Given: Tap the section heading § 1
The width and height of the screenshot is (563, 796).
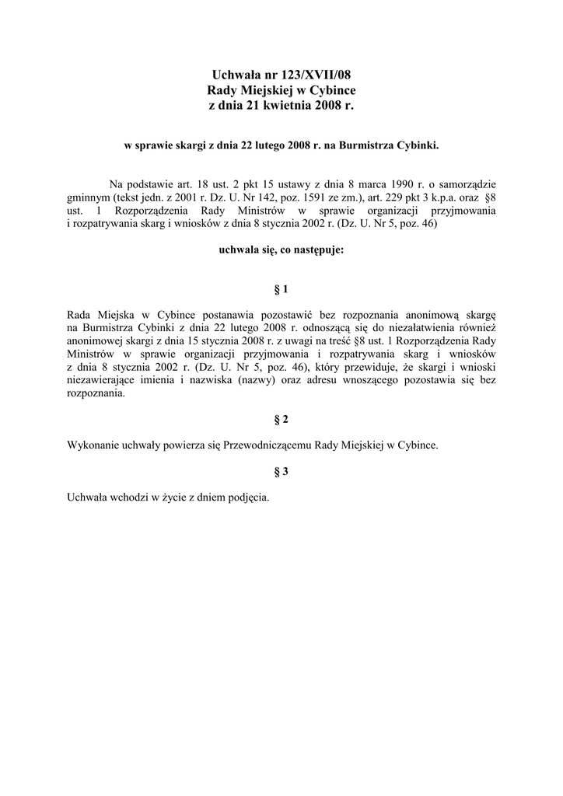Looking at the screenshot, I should [281, 290].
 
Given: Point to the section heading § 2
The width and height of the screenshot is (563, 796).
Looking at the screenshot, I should [281, 420].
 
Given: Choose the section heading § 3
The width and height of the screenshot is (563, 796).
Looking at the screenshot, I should [281, 471].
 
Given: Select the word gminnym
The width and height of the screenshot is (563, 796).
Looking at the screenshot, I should [89, 197].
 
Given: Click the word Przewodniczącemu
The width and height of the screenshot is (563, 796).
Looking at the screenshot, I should [268, 445].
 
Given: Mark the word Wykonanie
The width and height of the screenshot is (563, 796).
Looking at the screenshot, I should [93, 445].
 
